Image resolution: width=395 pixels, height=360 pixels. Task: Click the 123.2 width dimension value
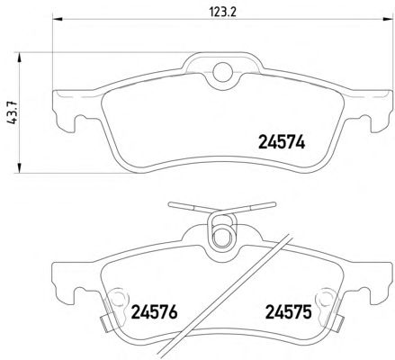(x=223, y=13)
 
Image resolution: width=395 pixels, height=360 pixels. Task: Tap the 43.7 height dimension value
(x=13, y=112)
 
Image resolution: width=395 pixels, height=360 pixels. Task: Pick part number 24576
(x=154, y=312)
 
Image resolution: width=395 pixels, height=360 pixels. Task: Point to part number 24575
(x=288, y=312)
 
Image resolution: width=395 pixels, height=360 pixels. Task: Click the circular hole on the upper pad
(x=222, y=72)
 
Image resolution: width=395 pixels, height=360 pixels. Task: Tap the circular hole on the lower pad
(x=222, y=237)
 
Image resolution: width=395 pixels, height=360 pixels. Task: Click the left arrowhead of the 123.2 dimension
(x=58, y=19)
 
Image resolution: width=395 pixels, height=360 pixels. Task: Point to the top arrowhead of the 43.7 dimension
(x=19, y=58)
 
